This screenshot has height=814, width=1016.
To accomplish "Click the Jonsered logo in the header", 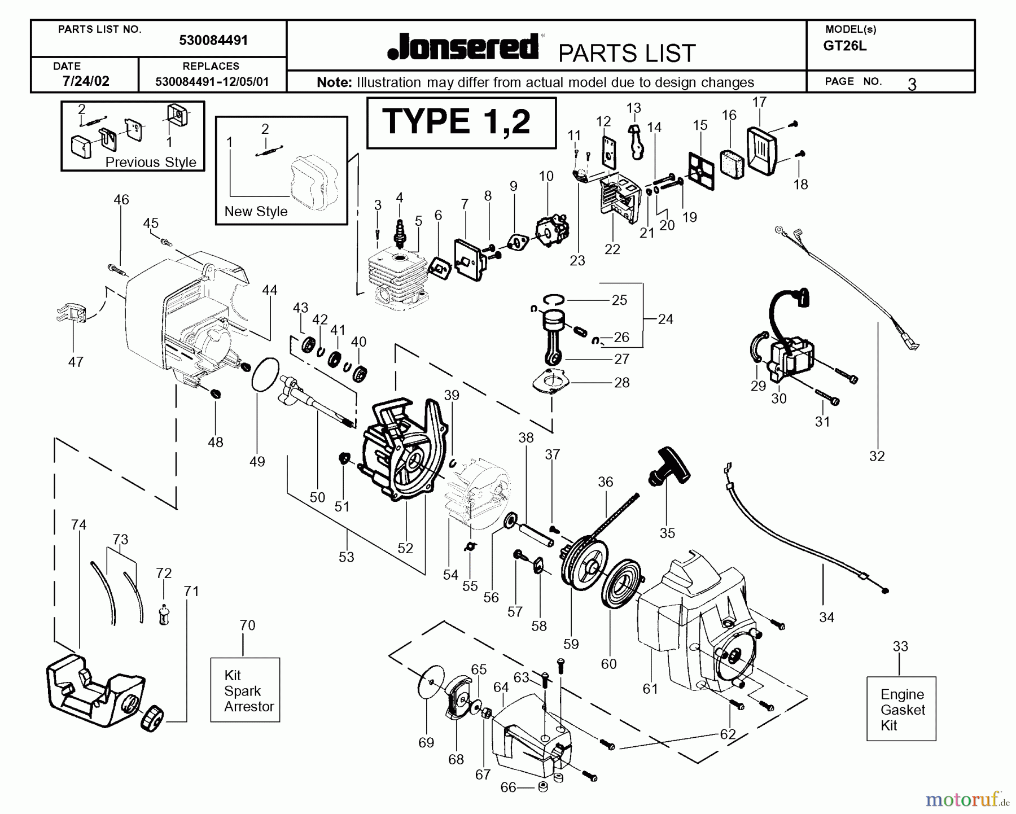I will coord(463,47).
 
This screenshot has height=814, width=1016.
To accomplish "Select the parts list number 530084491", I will coord(213,41).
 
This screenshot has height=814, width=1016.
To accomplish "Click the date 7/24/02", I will coord(86,81).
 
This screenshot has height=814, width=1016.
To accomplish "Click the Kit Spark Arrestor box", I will coord(245,690).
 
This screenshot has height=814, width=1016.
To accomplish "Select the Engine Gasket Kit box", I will coord(901,709).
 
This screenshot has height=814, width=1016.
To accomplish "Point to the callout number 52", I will coord(405,548).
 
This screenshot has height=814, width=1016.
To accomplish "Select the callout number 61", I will coord(650,688).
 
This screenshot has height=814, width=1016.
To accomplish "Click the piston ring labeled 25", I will coord(554,299).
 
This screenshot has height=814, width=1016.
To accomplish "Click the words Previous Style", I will coord(151,163).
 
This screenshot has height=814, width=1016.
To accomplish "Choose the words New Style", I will coord(256,212).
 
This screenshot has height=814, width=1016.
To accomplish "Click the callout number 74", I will coord(78,525).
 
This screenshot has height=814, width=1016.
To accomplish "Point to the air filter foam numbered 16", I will coord(733,160).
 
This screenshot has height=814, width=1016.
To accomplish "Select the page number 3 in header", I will coord(912,84).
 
